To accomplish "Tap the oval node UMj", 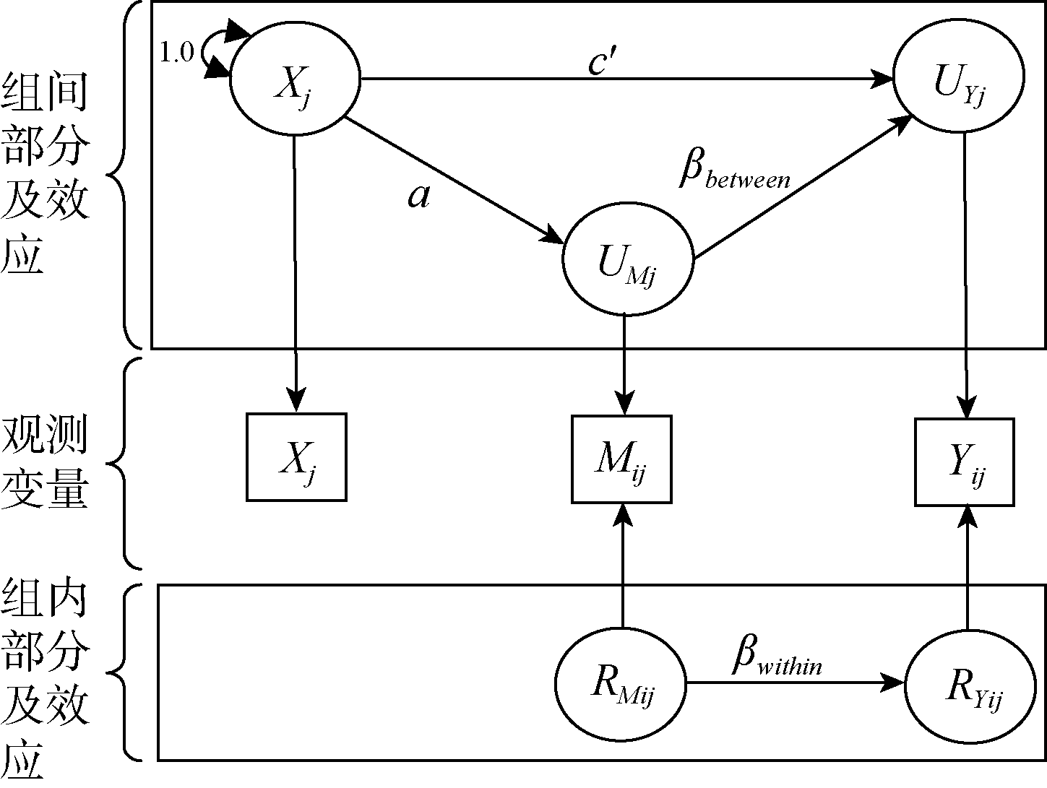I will point(627,264).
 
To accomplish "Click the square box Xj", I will point(296,456).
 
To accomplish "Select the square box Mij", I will point(621,459).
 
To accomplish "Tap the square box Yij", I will point(965,462).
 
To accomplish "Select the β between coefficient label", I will point(734,173).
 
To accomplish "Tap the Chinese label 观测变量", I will point(45,462).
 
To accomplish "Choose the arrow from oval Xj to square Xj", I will point(296,274).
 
